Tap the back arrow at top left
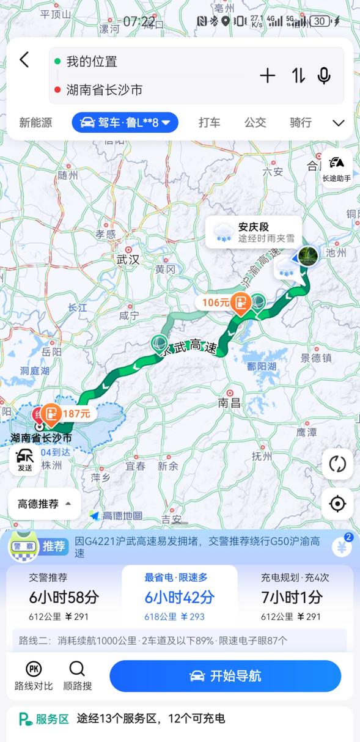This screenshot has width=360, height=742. pyautogui.click(x=24, y=60)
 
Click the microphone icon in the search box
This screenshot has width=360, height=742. pyautogui.click(x=324, y=76)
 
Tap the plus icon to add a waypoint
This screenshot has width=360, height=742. pyautogui.click(x=268, y=76)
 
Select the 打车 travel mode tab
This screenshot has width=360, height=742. pyautogui.click(x=209, y=123)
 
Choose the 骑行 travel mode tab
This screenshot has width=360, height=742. pyautogui.click(x=300, y=123)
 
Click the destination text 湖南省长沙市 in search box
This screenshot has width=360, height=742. pyautogui.click(x=105, y=90)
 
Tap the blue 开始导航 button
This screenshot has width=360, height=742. pyautogui.click(x=225, y=676)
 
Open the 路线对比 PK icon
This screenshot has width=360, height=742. pyautogui.click(x=34, y=675)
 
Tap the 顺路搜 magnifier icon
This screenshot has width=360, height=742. pyautogui.click(x=78, y=675)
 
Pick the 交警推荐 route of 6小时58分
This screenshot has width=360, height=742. pyautogui.click(x=64, y=597)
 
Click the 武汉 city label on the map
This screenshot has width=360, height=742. pyautogui.click(x=128, y=259)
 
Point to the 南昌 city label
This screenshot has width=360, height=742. pyautogui.click(x=230, y=402)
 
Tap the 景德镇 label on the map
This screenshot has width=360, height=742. pyautogui.click(x=315, y=358)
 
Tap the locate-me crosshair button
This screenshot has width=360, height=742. pyautogui.click(x=337, y=504)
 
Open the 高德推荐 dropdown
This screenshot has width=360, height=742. pyautogui.click(x=45, y=504)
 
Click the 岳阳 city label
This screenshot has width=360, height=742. pyautogui.click(x=51, y=352)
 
